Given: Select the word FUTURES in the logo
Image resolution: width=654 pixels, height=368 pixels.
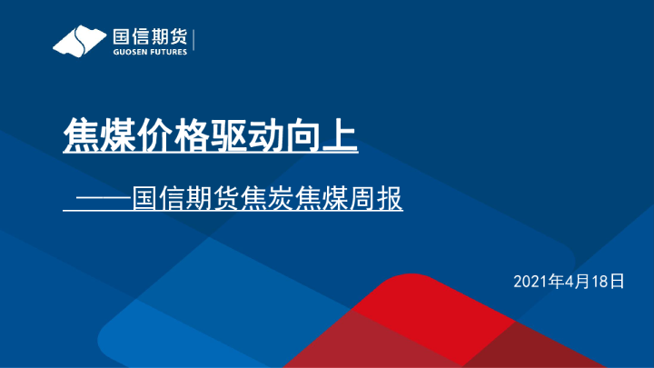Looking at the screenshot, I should [x=169, y=53].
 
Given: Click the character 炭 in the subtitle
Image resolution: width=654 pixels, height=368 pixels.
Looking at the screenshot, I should [x=282, y=199].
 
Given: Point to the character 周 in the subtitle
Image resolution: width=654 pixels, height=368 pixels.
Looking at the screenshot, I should [x=362, y=199].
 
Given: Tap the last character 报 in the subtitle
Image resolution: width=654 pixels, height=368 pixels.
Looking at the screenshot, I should [x=389, y=199].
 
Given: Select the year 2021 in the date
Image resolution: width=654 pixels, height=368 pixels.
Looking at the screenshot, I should [x=531, y=281].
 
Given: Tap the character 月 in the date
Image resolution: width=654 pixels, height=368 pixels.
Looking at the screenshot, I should [x=582, y=281].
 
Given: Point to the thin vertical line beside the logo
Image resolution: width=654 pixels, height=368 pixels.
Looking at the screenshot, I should [x=195, y=41].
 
